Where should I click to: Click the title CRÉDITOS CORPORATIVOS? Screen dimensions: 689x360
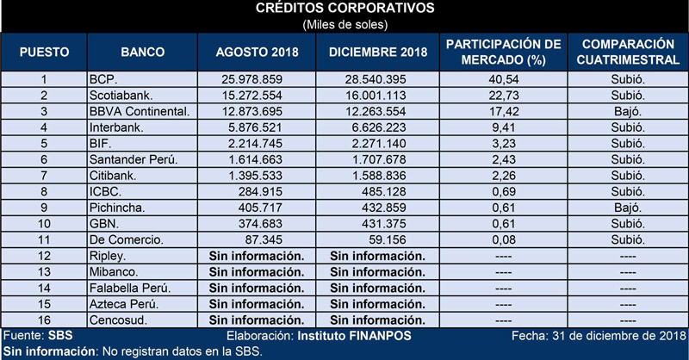click(x=345, y=8)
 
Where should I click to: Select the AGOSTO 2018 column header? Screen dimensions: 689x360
click(x=257, y=52)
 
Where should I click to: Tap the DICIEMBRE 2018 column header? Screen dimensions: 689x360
click(x=378, y=52)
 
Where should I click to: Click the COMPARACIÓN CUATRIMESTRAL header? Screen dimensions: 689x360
click(x=628, y=52)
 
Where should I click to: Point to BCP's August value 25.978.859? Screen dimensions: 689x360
click(x=252, y=79)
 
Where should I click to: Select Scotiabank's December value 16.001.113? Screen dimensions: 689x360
click(x=376, y=96)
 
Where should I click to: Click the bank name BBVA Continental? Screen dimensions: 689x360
click(x=140, y=112)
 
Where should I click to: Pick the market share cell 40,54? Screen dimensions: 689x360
click(x=504, y=79)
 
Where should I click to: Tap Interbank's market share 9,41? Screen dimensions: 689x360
click(x=504, y=127)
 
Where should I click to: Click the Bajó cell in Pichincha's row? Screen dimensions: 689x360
click(x=628, y=208)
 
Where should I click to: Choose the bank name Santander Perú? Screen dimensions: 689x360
click(x=133, y=159)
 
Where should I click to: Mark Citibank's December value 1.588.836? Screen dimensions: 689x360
click(x=379, y=176)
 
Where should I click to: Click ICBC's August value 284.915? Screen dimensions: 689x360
click(x=261, y=192)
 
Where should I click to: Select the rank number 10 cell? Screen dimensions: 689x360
click(x=44, y=224)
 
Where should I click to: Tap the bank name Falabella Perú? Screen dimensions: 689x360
click(x=130, y=288)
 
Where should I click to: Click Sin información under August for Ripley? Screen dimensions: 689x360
click(x=257, y=256)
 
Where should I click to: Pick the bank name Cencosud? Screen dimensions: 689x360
click(x=118, y=320)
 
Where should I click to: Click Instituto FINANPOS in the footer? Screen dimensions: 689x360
click(x=354, y=336)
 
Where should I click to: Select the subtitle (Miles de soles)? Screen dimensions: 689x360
click(x=345, y=25)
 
